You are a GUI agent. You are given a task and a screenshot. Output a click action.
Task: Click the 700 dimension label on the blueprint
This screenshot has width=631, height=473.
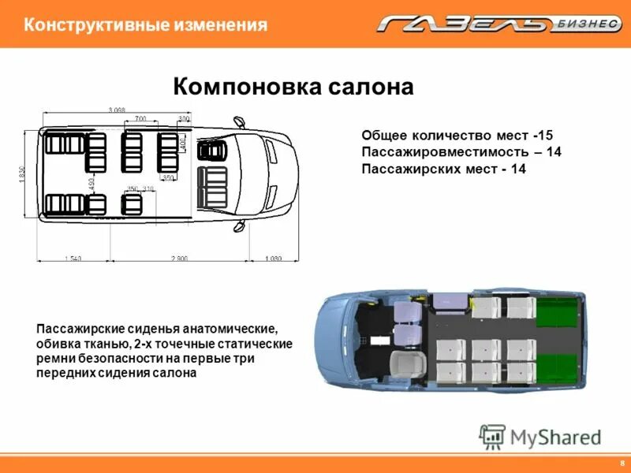(x=140, y=118)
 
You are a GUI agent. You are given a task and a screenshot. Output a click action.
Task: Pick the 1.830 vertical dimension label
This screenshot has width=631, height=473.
(x=23, y=173)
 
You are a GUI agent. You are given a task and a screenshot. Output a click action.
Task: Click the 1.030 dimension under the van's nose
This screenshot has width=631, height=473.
(x=273, y=259)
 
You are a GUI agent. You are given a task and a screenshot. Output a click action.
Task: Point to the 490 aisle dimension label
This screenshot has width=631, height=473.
(x=92, y=183)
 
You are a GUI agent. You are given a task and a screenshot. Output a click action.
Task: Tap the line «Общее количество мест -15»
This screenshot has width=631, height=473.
(x=457, y=136)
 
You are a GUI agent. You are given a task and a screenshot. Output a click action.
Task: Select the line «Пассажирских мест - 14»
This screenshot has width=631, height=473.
(x=443, y=169)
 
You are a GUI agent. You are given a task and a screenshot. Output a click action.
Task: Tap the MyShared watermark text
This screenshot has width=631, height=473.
(x=555, y=436)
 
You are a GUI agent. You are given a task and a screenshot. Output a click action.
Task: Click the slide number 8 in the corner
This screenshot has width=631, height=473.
(x=622, y=462)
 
